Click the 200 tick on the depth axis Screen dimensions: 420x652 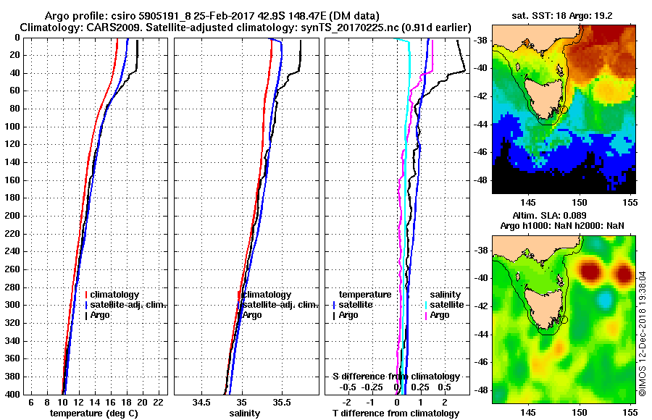pyautogui.click(x=12, y=216)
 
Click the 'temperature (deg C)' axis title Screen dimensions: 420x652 pyautogui.click(x=93, y=413)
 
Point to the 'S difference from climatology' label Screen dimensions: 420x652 pyautogui.click(x=396, y=377)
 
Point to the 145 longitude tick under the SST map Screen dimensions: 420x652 pyautogui.click(x=529, y=205)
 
